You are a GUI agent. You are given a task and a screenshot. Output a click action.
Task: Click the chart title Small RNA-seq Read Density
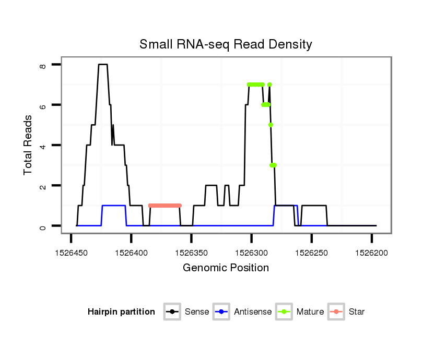click(226, 44)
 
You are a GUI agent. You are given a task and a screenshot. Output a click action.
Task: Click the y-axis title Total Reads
click(28, 145)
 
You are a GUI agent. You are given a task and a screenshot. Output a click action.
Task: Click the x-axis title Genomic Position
click(226, 268)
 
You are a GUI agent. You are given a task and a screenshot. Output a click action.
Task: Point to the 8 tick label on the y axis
click(43, 65)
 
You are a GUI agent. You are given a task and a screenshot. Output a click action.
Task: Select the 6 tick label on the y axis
click(43, 105)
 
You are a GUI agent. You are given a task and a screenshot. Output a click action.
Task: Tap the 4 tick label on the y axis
click(43, 145)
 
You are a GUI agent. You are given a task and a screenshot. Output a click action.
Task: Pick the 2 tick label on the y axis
click(43, 186)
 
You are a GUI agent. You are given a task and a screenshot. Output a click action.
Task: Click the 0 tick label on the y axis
click(43, 226)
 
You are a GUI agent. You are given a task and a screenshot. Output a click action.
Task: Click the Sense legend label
click(197, 312)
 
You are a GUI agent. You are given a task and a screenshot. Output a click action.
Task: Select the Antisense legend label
click(253, 312)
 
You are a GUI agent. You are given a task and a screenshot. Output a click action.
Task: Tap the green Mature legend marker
click(284, 312)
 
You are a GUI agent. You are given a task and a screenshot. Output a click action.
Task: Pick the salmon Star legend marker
click(336, 312)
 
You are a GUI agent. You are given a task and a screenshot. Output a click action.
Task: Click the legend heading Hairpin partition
click(121, 312)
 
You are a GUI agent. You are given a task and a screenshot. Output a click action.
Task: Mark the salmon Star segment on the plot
click(164, 206)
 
